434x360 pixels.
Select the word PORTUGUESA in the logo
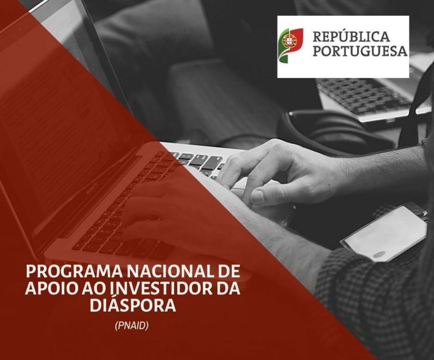pos(360,52)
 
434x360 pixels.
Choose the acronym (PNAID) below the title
pos(132,325)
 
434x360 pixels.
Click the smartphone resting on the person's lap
pos(385,232)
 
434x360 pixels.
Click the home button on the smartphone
pos(380,254)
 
